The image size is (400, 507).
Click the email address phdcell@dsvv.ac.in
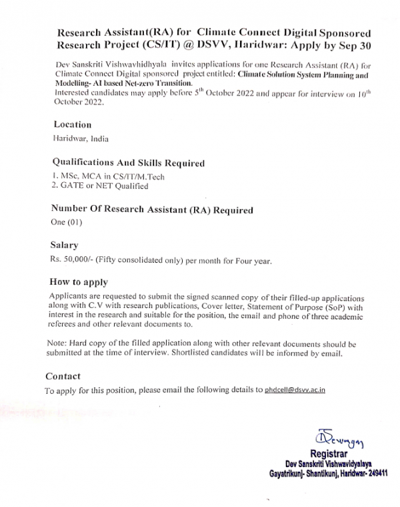tap(295, 391)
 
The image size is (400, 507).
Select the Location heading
tap(71, 124)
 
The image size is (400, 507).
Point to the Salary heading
tap(65, 246)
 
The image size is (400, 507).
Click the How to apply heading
tap(79, 282)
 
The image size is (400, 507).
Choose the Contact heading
tap(63, 376)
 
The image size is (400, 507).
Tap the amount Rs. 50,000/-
tap(75, 261)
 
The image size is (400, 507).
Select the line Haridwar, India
tap(80, 139)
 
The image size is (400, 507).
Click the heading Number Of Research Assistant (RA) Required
tap(152, 210)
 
